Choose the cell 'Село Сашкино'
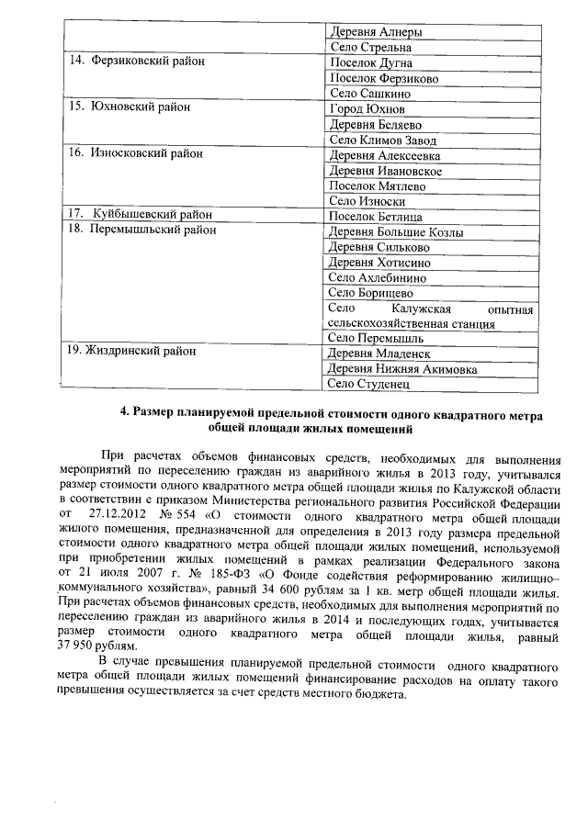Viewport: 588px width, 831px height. (x=369, y=94)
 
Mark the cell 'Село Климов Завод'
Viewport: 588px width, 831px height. (x=382, y=140)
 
